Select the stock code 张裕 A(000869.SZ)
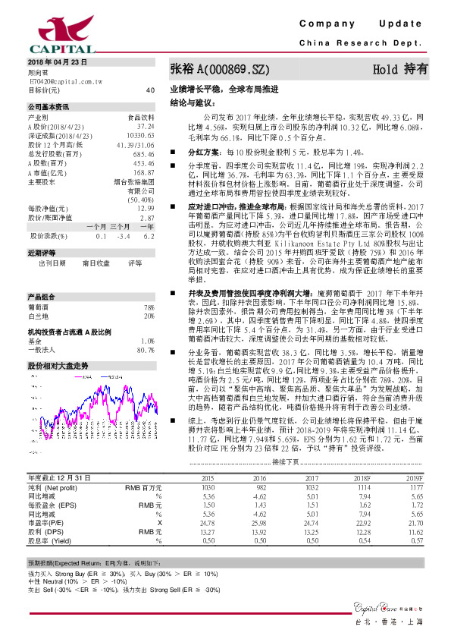point(220,69)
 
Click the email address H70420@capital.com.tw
point(65,80)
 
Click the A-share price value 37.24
point(146,126)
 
